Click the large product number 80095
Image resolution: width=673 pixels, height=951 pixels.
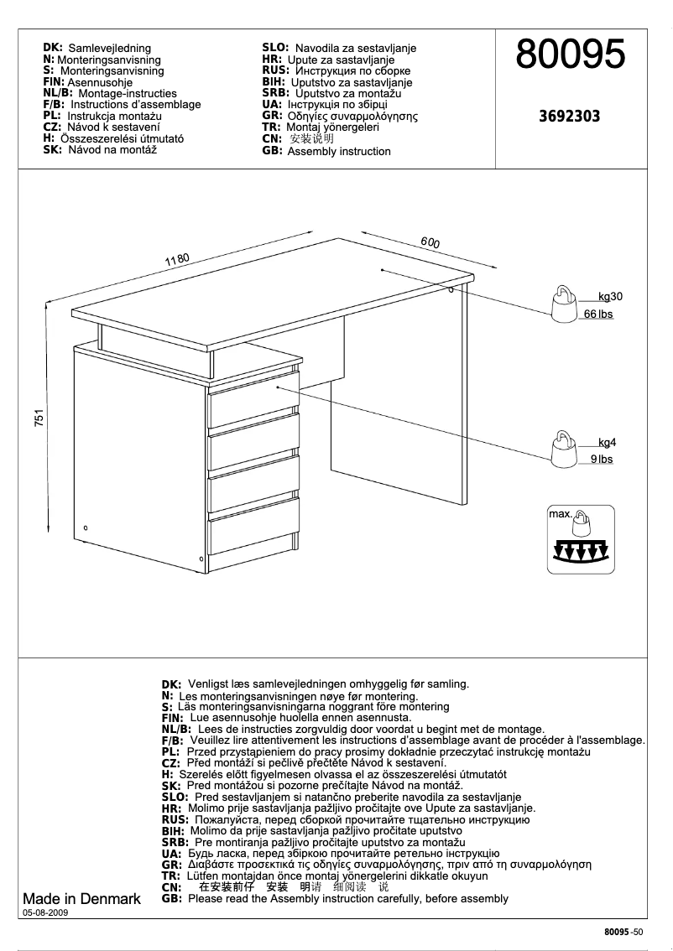570,55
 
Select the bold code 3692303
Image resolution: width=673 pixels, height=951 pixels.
569,117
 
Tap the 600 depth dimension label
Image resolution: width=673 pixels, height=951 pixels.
430,242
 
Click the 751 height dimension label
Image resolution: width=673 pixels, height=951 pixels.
39,419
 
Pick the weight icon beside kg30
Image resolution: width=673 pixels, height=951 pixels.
562,302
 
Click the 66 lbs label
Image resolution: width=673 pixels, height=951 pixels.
598,314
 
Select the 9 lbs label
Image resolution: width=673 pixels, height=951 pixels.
602,460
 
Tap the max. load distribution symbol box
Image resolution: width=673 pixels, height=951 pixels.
581,539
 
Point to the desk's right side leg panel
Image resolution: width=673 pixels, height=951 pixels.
465,394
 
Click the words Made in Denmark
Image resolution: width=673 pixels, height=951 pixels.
81,899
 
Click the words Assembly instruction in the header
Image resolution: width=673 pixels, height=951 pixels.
339,152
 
